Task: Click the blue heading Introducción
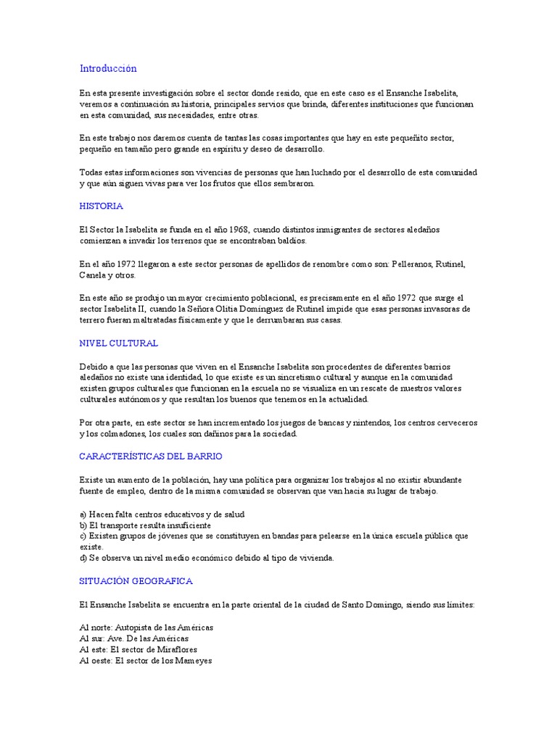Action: click(x=108, y=69)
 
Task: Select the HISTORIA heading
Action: click(x=102, y=206)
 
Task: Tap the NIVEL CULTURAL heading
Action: click(x=119, y=343)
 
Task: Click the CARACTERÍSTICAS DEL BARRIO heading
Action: click(x=151, y=457)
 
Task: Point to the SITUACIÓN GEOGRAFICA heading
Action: click(x=136, y=581)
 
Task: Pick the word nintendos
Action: click(x=350, y=422)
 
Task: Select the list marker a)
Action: click(x=83, y=514)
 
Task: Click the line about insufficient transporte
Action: click(x=145, y=525)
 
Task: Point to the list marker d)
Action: click(x=83, y=558)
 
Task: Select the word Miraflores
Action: click(x=176, y=649)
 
